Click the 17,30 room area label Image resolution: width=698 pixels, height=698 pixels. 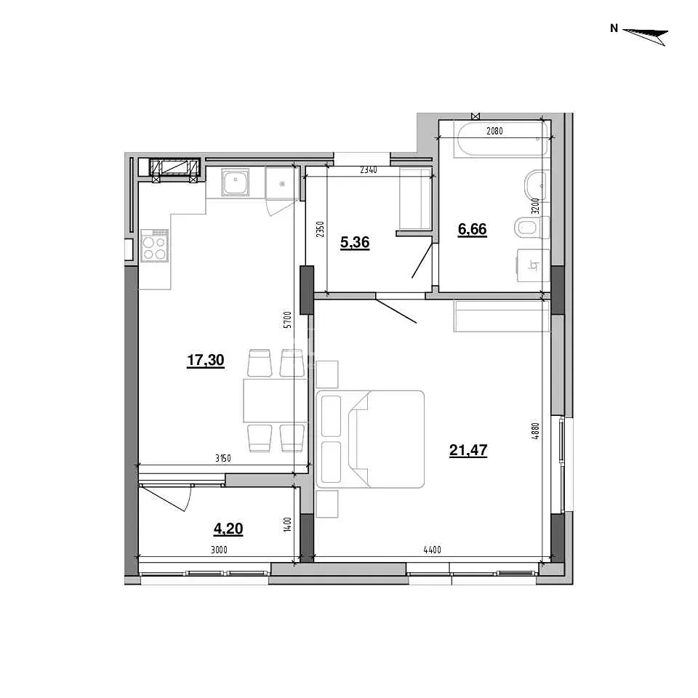205,360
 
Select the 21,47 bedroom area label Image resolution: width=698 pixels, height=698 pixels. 468,451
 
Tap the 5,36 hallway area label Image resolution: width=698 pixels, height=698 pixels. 355,243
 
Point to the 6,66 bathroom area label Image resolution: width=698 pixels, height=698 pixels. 473,229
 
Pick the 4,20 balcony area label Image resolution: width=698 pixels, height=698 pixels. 228,529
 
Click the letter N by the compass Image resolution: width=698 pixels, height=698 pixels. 614,28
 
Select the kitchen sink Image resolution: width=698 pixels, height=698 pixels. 236,182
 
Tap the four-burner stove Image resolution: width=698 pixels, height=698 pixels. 154,245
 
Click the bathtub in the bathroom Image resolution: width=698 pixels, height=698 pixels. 501,140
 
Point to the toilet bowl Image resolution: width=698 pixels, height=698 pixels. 531,228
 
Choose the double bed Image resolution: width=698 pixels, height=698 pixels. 370,439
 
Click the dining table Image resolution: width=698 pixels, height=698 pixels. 275,401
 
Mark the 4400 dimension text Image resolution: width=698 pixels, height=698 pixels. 432,550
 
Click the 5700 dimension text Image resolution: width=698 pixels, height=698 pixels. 288,320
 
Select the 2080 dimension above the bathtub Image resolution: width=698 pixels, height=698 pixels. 494,131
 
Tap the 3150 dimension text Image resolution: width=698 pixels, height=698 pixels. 223,459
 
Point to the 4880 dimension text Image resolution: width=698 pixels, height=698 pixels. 536,431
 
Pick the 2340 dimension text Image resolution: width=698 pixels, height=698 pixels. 369,170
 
